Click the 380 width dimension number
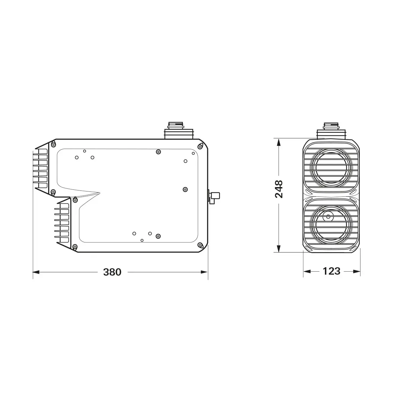112,272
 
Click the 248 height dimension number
279,189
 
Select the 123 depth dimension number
332,271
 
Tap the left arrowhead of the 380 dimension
36,272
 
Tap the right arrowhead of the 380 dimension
204,272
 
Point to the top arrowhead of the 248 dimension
279,142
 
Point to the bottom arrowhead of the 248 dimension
279,248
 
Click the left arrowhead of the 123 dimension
307,272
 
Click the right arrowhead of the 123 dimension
357,272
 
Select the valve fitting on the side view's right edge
214,196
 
